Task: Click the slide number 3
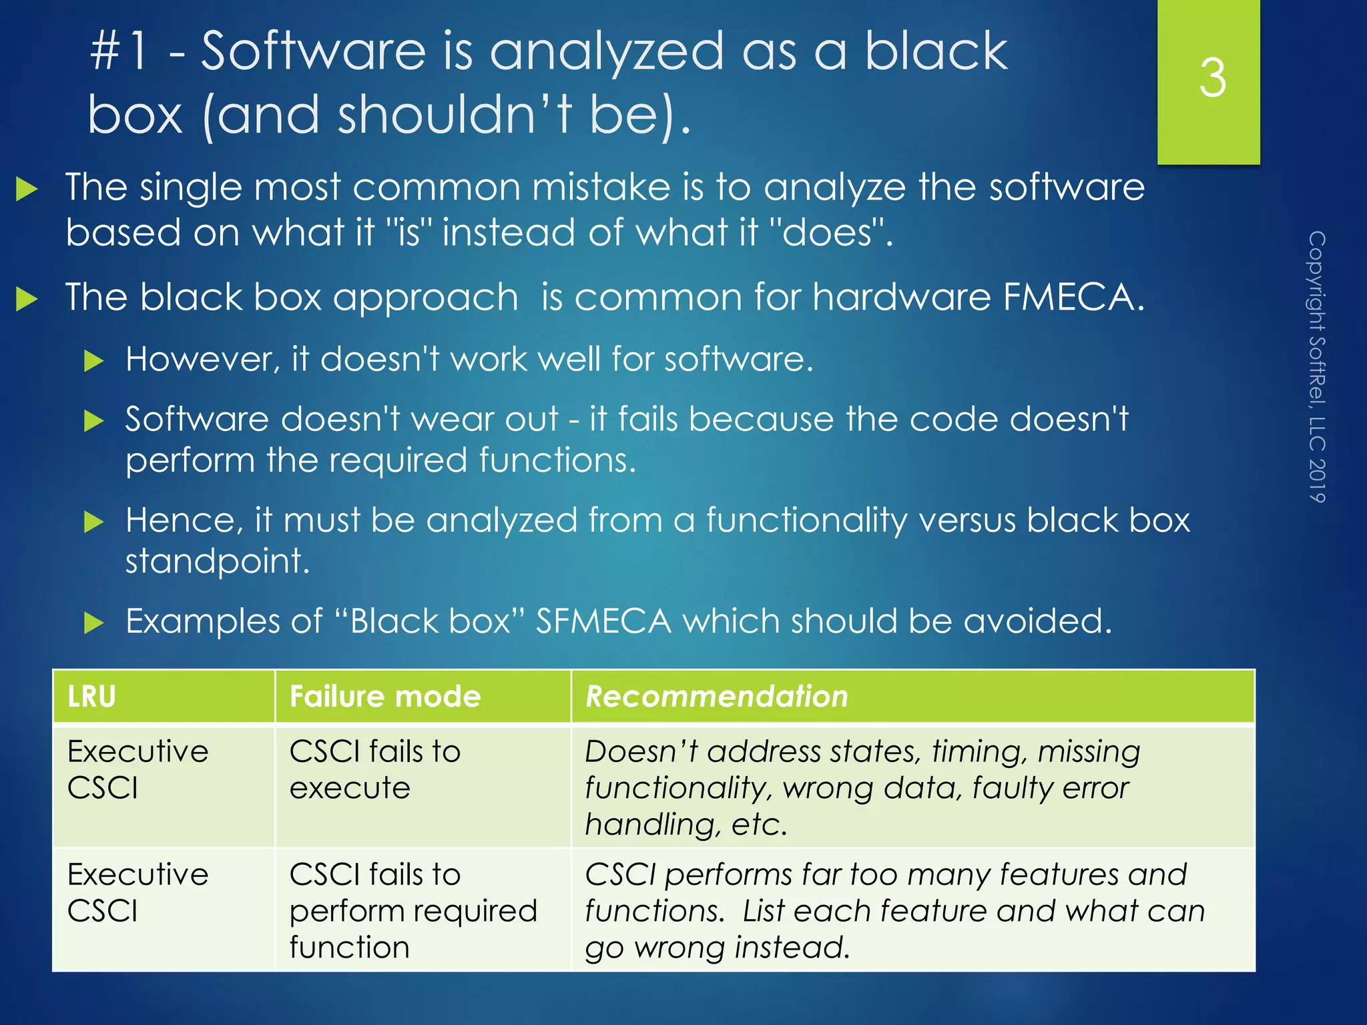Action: [x=1211, y=78]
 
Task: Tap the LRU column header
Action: [x=91, y=697]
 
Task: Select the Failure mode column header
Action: [x=385, y=697]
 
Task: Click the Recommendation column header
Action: [x=716, y=697]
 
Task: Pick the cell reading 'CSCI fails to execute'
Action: [x=375, y=769]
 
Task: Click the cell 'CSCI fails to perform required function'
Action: [x=413, y=910]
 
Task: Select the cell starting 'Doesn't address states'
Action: [x=862, y=787]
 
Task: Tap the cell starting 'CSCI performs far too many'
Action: [x=894, y=910]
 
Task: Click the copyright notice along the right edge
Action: [x=1316, y=366]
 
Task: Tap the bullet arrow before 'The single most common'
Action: [x=27, y=189]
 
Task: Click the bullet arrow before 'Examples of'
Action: [x=94, y=623]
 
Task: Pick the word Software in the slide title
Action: [x=313, y=51]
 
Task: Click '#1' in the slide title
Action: [x=119, y=51]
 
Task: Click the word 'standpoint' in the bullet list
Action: [x=218, y=561]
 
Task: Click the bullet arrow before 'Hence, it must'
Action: [x=94, y=522]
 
